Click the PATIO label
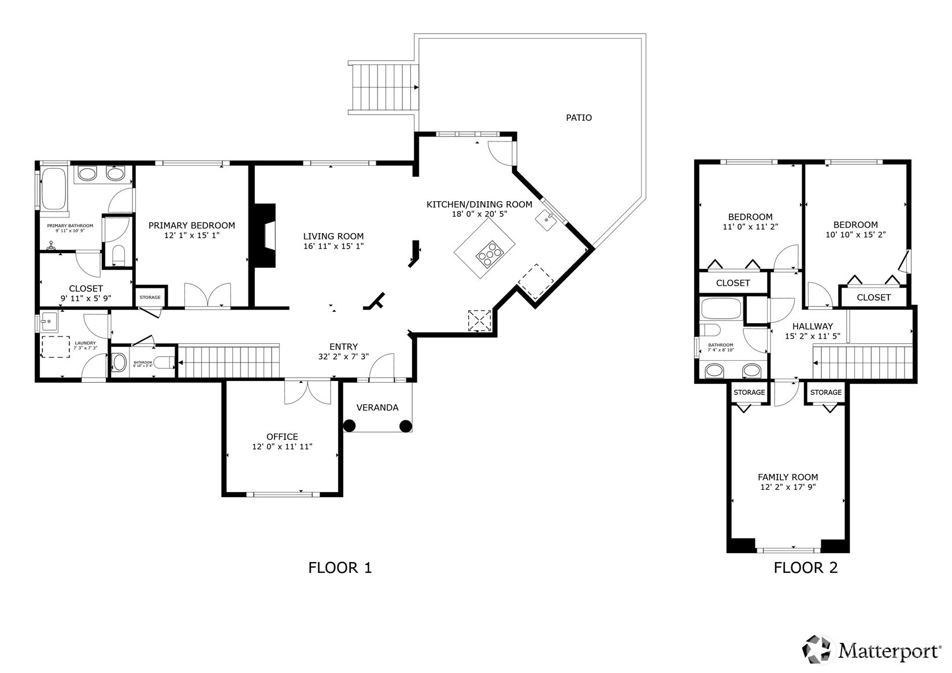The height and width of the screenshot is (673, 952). click(579, 118)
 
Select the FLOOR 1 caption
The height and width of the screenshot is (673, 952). click(340, 568)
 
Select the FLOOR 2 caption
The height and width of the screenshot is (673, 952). click(805, 568)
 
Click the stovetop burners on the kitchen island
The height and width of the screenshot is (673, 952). click(490, 253)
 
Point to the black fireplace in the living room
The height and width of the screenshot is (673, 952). click(264, 235)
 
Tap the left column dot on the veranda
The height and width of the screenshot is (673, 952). click(349, 426)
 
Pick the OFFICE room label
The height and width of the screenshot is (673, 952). click(282, 437)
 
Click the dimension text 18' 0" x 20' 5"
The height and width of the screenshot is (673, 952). click(479, 214)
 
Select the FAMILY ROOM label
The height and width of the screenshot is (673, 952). click(788, 477)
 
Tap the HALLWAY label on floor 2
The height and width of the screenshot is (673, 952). click(813, 326)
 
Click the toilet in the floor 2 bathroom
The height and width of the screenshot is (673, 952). click(710, 330)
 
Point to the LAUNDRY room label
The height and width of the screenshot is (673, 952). click(86, 343)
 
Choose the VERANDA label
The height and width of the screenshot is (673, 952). click(377, 407)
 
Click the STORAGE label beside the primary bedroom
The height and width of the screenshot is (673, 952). click(150, 297)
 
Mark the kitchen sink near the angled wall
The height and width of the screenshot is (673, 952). click(546, 220)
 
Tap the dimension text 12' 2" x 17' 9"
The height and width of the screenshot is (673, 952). click(788, 487)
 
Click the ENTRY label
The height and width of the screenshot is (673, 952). click(343, 346)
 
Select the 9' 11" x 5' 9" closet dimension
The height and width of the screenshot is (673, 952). click(86, 298)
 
